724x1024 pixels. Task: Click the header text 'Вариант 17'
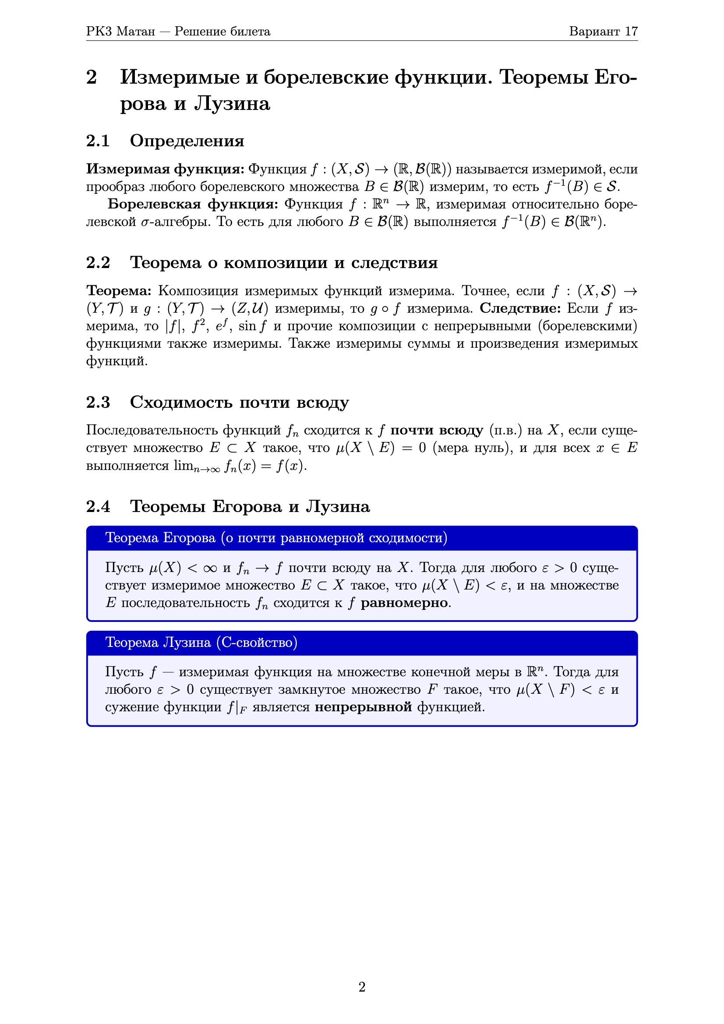[603, 31]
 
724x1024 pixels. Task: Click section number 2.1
[98, 141]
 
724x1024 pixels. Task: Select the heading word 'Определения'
[187, 141]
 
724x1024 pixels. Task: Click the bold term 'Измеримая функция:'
[165, 169]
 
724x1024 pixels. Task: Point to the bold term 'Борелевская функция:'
[193, 204]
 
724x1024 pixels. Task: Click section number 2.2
[98, 263]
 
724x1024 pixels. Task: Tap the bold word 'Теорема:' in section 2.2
[119, 291]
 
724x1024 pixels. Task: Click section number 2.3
[98, 402]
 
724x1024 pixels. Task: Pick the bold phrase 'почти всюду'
[437, 430]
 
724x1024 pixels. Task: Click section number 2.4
[98, 507]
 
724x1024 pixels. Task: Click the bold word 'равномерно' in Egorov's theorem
[404, 603]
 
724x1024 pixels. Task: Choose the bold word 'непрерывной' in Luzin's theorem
[363, 707]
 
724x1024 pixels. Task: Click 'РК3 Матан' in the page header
[120, 31]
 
